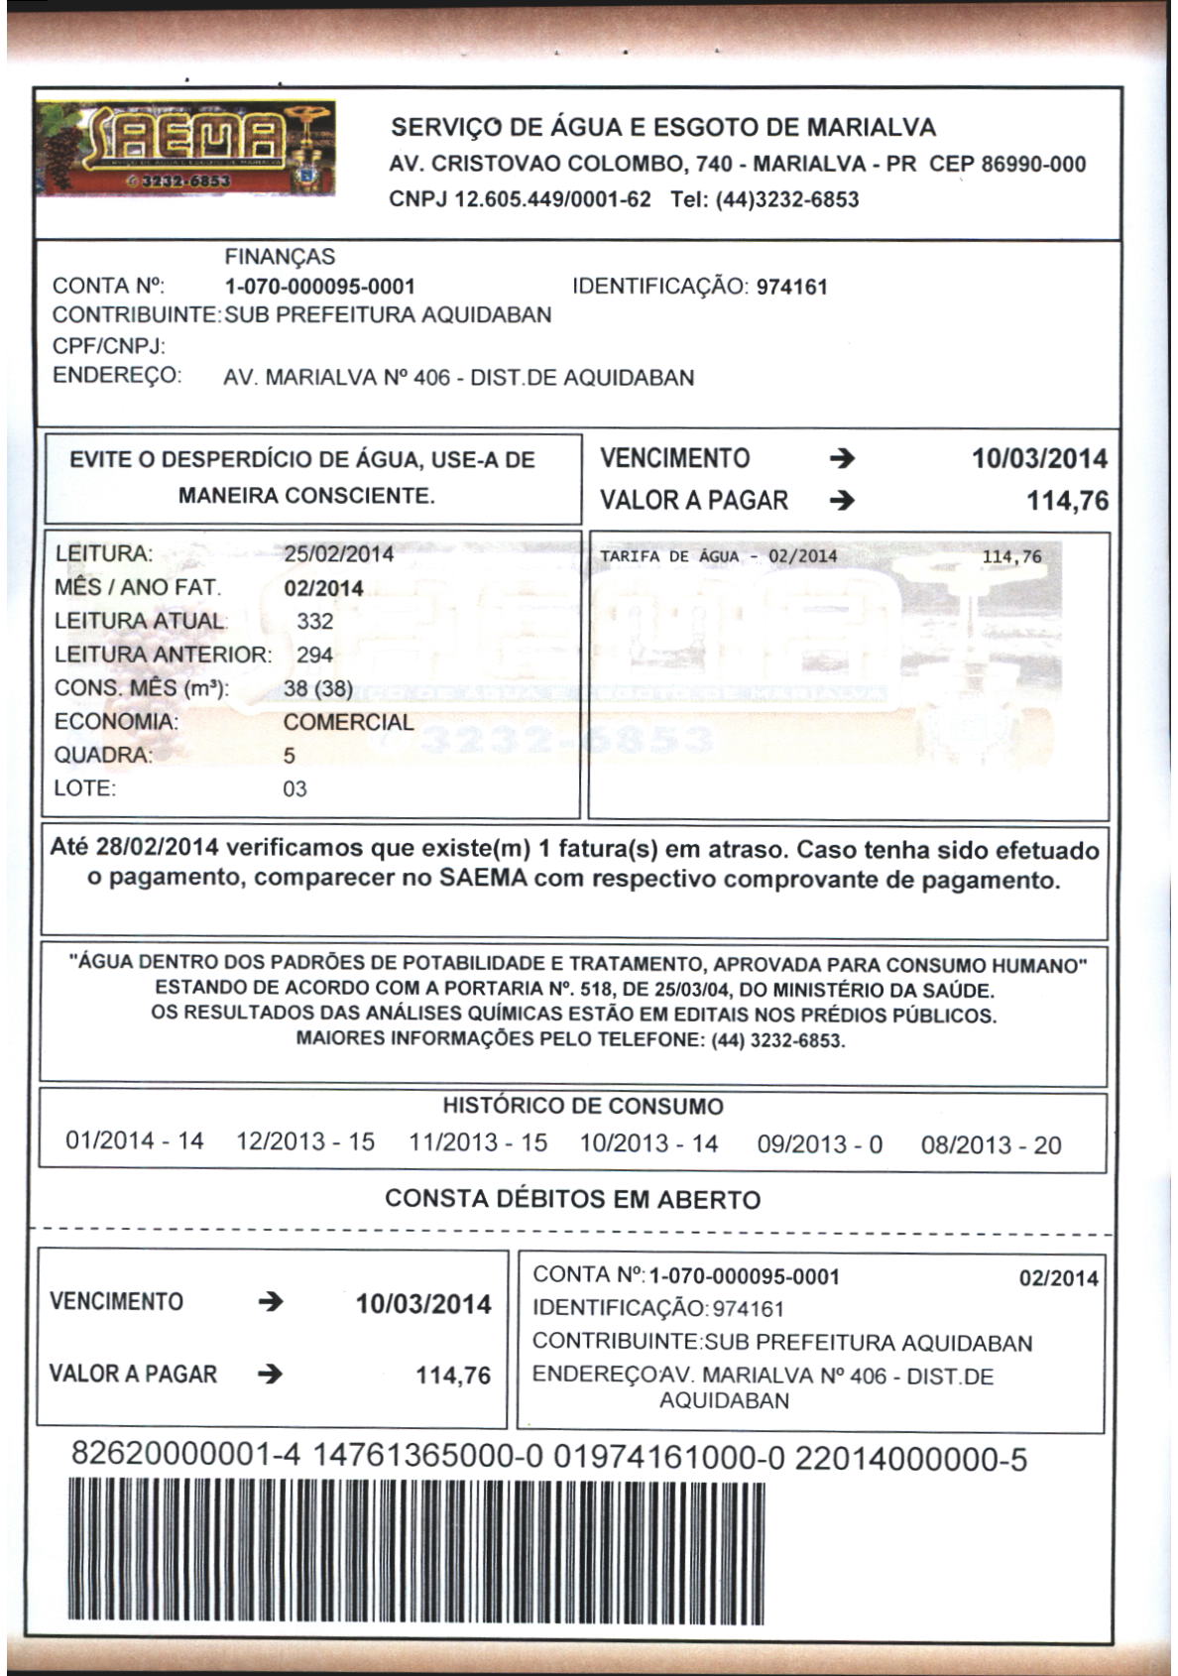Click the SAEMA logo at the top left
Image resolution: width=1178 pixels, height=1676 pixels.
pos(185,149)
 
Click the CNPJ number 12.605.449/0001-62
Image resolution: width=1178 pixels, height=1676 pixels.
pos(551,199)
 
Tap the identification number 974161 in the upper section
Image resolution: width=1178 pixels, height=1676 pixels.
pos(791,288)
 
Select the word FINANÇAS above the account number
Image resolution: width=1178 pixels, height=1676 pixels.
pos(280,257)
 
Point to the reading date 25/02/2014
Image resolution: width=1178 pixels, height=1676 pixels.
pos(338,554)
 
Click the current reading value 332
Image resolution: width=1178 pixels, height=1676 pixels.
pos(314,622)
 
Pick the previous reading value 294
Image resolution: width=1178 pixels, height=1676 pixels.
pos(314,656)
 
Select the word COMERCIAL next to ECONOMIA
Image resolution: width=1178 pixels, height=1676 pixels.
pos(348,722)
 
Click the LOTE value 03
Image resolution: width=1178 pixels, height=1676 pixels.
pos(294,789)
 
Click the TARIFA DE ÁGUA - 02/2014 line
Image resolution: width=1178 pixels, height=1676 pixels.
pos(718,556)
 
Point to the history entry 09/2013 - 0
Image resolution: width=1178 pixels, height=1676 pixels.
pos(819,1144)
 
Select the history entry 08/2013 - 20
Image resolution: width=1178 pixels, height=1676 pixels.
pos(991,1145)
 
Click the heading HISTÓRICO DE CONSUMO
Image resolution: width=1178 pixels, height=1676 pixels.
pos(583,1107)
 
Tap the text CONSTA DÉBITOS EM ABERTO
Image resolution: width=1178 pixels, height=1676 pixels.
pos(572,1199)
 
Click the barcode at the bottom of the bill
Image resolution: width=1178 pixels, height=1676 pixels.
pos(416,1552)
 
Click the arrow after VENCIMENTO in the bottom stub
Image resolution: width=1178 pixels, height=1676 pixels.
pos(270,1302)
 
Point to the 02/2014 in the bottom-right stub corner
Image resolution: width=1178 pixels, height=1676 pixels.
pos(1058,1278)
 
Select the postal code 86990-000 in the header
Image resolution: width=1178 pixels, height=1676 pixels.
pos(1032,165)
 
